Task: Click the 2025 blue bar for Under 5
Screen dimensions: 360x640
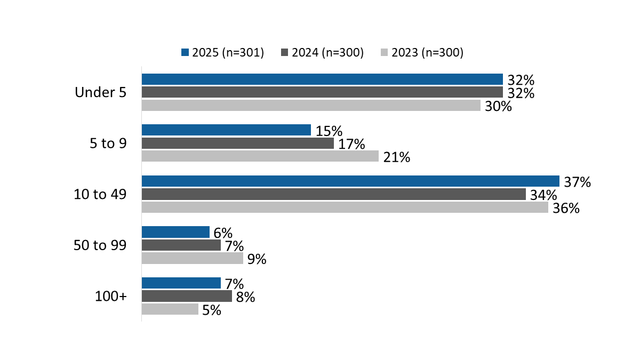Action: pos(322,79)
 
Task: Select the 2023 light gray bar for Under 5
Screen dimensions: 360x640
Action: pos(311,106)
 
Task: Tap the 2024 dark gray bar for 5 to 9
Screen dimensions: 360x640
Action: pos(237,143)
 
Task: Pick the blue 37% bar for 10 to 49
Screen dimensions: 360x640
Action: pos(350,181)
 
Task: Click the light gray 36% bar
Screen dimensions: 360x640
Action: pos(345,207)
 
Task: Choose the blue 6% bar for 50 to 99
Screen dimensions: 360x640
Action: pos(175,232)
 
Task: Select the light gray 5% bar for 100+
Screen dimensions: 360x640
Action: pos(170,309)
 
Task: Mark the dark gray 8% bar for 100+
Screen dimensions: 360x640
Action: pos(187,296)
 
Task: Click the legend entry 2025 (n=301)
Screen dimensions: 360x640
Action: pos(223,52)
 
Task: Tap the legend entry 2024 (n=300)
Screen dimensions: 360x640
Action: pos(322,52)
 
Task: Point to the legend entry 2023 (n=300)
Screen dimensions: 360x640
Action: pos(422,52)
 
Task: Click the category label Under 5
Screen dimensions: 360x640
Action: pos(100,93)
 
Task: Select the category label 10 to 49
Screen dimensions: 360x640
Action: pos(100,195)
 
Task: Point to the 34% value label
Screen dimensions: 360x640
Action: pos(543,196)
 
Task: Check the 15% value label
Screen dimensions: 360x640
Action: pos(329,131)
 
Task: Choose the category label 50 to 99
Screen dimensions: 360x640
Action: pos(100,245)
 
